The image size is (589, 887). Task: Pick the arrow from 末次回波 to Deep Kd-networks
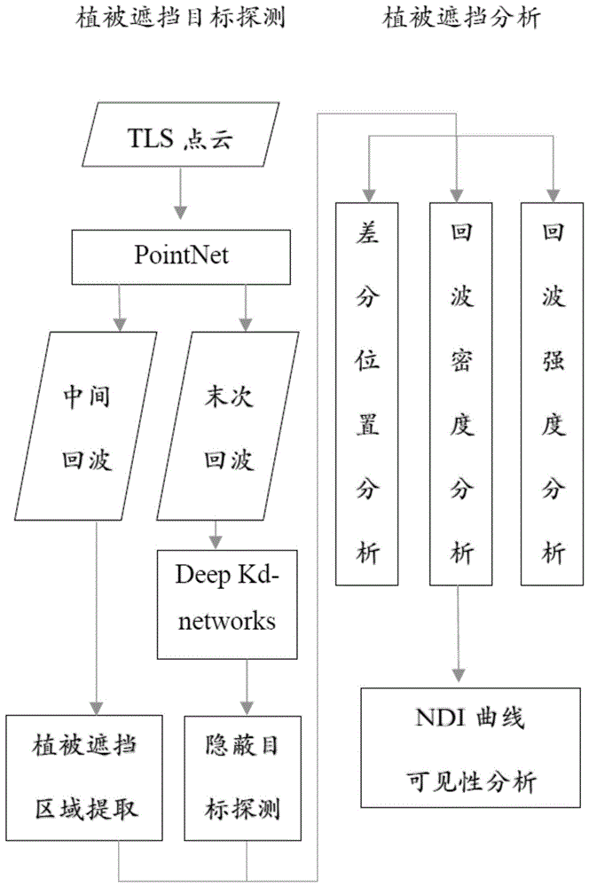point(214,532)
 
